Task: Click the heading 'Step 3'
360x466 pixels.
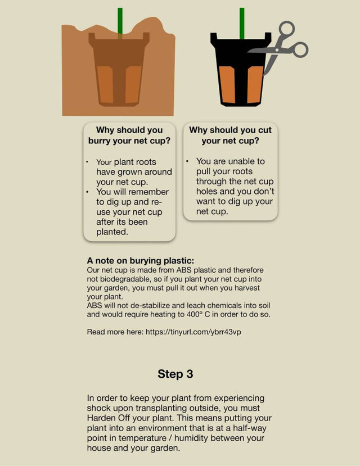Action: pos(175,374)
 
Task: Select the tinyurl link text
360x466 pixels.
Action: pos(193,332)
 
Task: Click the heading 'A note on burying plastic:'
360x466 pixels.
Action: pos(140,261)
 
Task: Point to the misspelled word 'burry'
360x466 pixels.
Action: pos(100,141)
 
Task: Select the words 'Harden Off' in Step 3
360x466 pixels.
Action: pos(109,418)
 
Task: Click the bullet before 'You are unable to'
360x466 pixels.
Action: pos(187,161)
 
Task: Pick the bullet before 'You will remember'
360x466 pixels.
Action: pos(87,192)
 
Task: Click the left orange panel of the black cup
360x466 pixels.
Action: pos(227,85)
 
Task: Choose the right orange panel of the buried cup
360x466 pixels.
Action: pos(133,84)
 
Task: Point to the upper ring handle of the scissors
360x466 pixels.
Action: pos(287,29)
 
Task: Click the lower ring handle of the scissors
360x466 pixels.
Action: pos(300,49)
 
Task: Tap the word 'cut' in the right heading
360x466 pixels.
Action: pos(265,130)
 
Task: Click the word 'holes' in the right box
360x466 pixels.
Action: pos(206,191)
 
